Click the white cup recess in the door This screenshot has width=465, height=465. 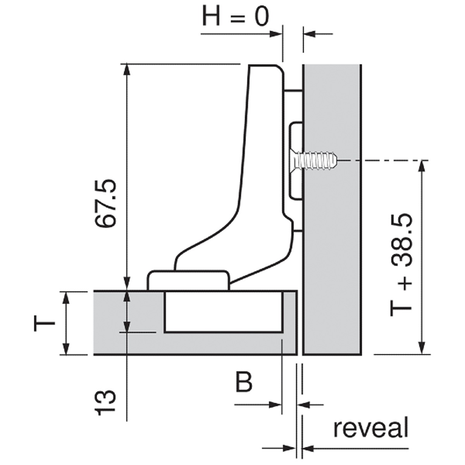223,312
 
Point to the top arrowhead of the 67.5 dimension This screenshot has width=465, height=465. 127,70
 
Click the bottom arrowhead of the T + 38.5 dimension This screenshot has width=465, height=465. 422,348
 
